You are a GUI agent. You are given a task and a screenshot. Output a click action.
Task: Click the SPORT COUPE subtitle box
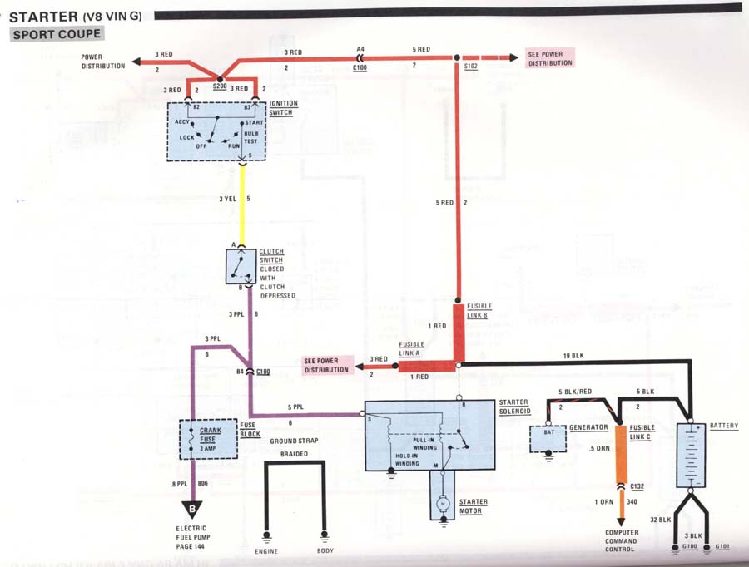pyautogui.click(x=57, y=34)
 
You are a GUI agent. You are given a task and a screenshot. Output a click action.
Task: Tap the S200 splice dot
pyautogui.click(x=220, y=79)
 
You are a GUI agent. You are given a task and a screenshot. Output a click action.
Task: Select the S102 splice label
pyautogui.click(x=470, y=66)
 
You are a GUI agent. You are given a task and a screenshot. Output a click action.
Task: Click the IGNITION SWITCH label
pyautogui.click(x=283, y=108)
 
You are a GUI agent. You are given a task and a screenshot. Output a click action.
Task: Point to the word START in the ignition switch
pyautogui.click(x=254, y=123)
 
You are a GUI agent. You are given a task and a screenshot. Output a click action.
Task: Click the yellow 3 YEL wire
pyautogui.click(x=242, y=205)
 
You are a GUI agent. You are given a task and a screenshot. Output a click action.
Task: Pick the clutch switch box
pyautogui.click(x=241, y=267)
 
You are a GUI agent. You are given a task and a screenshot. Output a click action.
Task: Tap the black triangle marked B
pyautogui.click(x=192, y=510)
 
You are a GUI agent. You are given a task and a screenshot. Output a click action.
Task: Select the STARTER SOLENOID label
pyautogui.click(x=514, y=407)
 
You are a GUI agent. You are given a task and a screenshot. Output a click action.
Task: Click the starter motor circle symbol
pyautogui.click(x=443, y=504)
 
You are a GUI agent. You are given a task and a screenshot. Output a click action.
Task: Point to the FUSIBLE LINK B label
pyautogui.click(x=479, y=311)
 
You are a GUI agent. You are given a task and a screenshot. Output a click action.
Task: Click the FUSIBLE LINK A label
pyautogui.click(x=411, y=349)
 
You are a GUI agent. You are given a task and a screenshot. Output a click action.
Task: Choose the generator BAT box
pyautogui.click(x=548, y=439)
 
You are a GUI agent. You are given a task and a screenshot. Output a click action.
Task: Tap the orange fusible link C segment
pyautogui.click(x=621, y=453)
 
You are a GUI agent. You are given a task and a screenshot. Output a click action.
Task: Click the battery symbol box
pyautogui.click(x=691, y=456)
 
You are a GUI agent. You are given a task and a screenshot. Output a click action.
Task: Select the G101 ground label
pyautogui.click(x=722, y=546)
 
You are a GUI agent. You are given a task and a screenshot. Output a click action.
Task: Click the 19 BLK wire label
pyautogui.click(x=573, y=356)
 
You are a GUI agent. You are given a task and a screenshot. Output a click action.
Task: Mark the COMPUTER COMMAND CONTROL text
pyautogui.click(x=622, y=540)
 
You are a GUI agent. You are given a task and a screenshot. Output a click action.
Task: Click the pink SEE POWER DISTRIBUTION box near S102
pyautogui.click(x=550, y=58)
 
